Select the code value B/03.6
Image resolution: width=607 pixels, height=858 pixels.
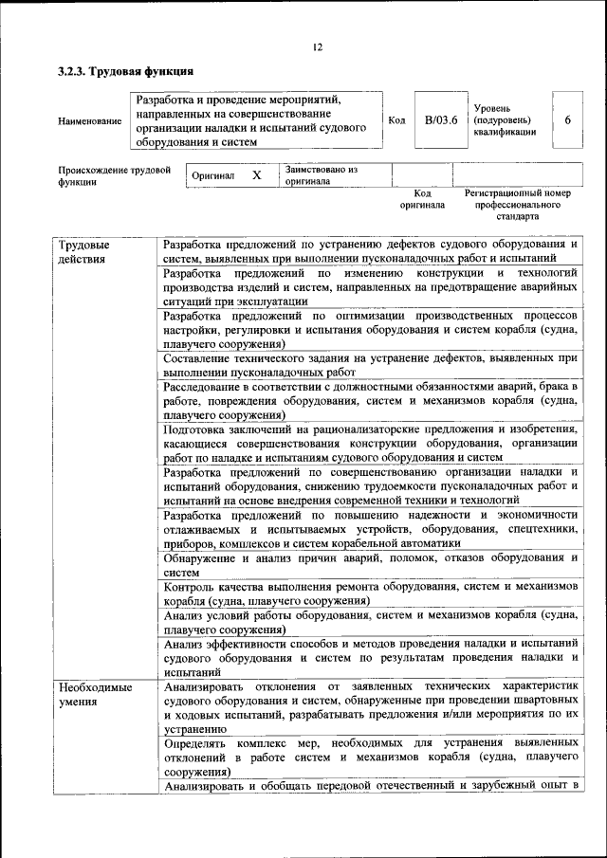440,120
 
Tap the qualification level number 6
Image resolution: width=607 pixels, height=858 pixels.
567,120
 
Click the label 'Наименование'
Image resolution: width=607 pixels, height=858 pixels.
89,121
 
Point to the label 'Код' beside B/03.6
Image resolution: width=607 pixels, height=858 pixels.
397,120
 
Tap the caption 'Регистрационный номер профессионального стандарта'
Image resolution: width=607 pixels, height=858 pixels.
517,204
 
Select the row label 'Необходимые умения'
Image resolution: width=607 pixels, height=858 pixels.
92,693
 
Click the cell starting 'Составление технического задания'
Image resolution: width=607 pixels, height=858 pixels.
370,366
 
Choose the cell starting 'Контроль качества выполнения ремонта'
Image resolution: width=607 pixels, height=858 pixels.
370,594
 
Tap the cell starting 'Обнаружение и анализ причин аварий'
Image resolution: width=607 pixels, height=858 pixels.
370,565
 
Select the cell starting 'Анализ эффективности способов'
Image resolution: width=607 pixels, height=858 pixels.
370,656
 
